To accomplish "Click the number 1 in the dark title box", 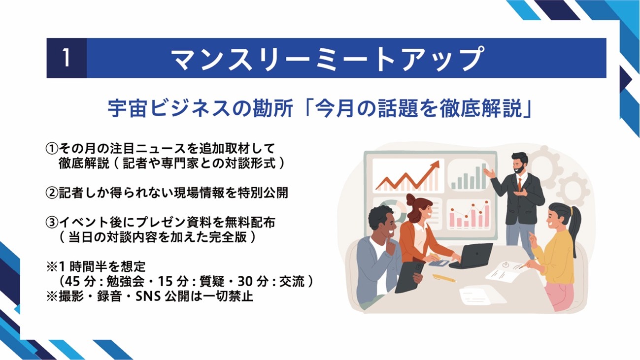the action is click(x=66, y=58).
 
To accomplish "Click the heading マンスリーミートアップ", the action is click(x=328, y=58).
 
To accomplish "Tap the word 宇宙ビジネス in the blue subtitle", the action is click(x=169, y=109).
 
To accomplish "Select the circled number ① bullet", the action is click(x=52, y=148).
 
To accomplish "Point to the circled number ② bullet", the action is click(x=52, y=193).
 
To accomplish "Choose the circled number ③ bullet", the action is click(x=52, y=223).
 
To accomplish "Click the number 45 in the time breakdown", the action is click(x=72, y=282).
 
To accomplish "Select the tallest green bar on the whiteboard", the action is click(x=484, y=176).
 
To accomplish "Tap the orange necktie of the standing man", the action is click(x=520, y=185).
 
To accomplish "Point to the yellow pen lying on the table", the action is click(x=444, y=278).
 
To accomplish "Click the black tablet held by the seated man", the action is click(x=409, y=277).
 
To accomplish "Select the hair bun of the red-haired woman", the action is click(x=411, y=199).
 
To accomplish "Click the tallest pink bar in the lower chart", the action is click(x=487, y=214).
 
